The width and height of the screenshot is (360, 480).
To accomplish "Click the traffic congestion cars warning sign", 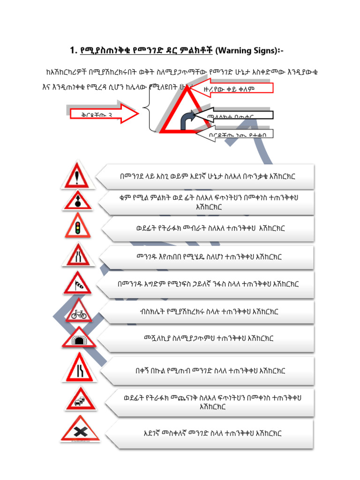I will [x=80, y=399].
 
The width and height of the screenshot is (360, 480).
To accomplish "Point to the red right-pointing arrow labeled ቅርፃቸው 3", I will [x=103, y=113].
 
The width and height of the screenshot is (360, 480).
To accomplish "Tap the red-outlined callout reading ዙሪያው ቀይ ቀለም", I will [x=232, y=89].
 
